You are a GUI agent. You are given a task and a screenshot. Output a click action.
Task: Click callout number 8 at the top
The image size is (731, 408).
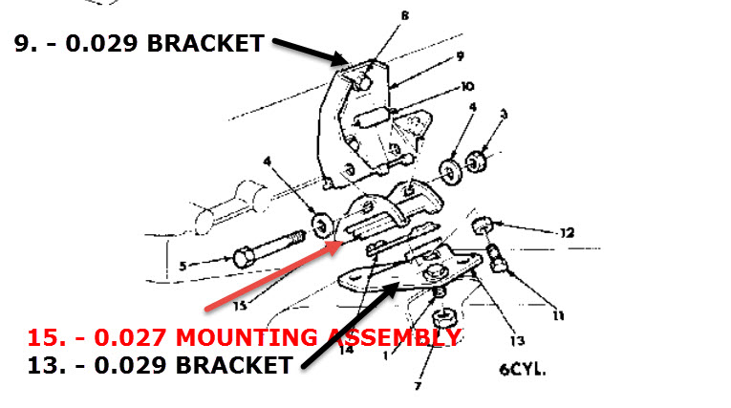tap(404, 15)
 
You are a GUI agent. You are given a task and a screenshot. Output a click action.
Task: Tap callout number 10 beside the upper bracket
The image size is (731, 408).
tap(466, 86)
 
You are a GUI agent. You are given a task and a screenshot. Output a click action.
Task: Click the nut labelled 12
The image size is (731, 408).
tap(484, 226)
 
